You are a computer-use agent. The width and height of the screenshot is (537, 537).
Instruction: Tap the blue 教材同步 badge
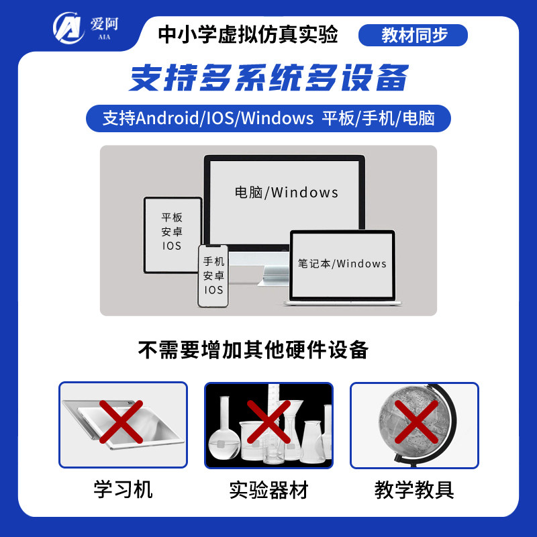tap(413, 35)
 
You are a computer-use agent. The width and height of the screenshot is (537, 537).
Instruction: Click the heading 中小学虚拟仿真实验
tap(248, 34)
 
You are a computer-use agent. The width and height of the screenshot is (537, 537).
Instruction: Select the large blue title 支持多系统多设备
tap(268, 78)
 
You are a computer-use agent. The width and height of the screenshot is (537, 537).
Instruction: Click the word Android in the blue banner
tap(167, 119)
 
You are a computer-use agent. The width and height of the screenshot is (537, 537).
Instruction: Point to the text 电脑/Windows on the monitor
tap(286, 193)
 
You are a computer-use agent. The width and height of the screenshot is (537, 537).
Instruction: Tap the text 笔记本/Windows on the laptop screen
tap(342, 263)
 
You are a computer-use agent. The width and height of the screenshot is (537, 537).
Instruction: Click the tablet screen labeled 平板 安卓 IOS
tap(172, 232)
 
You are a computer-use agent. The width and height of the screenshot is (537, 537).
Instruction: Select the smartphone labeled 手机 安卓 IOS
tap(213, 276)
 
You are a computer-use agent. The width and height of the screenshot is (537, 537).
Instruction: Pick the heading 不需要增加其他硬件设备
tap(253, 350)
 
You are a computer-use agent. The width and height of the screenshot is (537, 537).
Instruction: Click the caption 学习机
tap(123, 489)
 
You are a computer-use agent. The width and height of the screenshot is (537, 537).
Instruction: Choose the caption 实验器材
tap(268, 489)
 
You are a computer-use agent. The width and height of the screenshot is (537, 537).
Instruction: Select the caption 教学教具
tap(414, 489)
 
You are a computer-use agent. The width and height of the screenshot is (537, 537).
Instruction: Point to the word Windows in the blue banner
tap(277, 119)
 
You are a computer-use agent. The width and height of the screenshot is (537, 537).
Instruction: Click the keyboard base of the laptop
tap(342, 302)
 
